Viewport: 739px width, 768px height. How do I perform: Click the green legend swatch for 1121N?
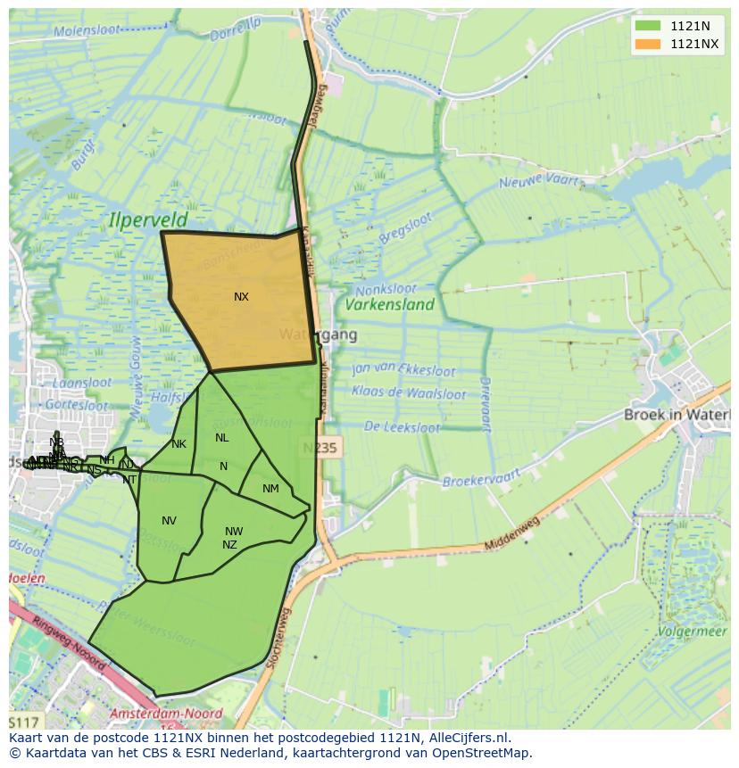coord(648,26)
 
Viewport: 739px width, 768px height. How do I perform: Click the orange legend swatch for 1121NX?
coord(648,44)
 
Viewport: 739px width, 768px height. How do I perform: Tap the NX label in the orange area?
coord(241,297)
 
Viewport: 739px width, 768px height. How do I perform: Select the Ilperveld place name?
coord(149,219)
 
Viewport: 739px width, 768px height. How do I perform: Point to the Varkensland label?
coord(389,305)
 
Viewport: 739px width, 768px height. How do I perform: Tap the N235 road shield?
coord(319,449)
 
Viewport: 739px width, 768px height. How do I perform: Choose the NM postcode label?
coord(270,489)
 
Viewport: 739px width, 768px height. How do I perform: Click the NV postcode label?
coord(169,521)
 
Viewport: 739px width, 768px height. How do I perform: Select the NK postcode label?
coord(179,444)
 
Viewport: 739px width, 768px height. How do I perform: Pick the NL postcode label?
coord(221,438)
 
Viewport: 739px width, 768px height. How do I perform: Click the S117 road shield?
coord(25,721)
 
